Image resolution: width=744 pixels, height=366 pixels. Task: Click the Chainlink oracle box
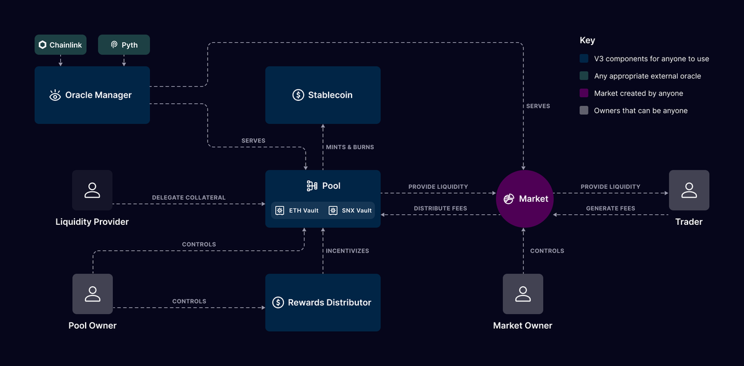[60, 45]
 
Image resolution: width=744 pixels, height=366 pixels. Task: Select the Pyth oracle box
[124, 45]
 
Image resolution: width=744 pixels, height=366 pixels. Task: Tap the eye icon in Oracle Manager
[55, 95]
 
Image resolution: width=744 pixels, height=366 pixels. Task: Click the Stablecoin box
[322, 95]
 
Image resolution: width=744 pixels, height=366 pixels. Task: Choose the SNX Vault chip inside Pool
[350, 211]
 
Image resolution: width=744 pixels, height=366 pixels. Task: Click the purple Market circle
[524, 199]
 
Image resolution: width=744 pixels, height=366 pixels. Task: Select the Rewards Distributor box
[322, 303]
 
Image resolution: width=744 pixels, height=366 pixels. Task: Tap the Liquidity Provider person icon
[92, 190]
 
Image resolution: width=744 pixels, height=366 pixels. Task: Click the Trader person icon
[689, 190]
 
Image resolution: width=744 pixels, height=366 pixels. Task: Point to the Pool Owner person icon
[92, 294]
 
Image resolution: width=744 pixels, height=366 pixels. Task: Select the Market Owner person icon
[523, 294]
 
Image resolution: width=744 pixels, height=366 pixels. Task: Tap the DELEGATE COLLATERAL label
[188, 198]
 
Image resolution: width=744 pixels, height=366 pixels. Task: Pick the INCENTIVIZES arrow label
[347, 251]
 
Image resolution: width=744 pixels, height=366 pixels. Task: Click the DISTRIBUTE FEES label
[440, 209]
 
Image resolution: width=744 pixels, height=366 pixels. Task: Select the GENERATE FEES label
[610, 209]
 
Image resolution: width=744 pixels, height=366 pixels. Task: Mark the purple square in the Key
[583, 94]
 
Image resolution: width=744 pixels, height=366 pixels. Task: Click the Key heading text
[587, 40]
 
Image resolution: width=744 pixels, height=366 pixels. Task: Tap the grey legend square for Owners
[583, 111]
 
